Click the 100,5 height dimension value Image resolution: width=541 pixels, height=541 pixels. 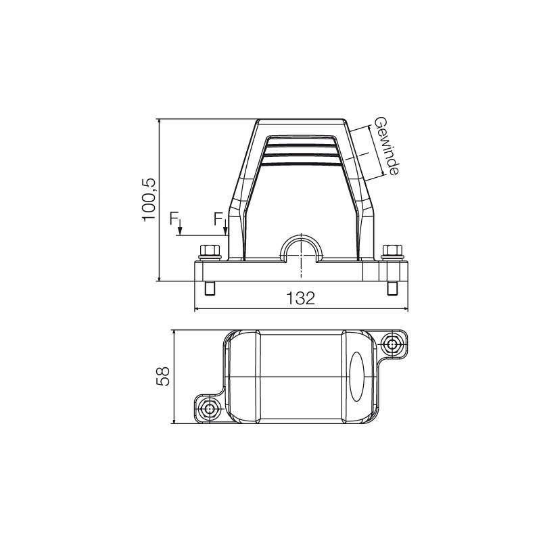(149, 200)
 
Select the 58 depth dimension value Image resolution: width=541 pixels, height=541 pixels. (163, 377)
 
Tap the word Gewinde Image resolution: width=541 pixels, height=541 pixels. (385, 147)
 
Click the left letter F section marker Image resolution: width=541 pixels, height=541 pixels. (174, 218)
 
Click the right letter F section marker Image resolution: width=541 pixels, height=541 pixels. (218, 218)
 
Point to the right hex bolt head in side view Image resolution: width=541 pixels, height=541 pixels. (391, 252)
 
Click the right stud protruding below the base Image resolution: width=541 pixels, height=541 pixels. (392, 289)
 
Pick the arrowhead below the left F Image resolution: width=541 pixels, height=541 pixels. (180, 233)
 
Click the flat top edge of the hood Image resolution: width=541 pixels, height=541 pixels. (302, 120)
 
